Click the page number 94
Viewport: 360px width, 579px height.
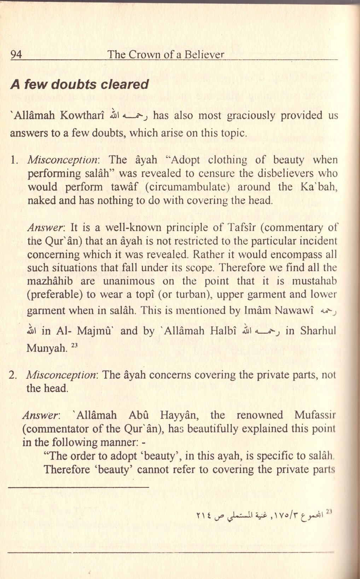pos(16,55)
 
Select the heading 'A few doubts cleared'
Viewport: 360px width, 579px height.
pos(79,85)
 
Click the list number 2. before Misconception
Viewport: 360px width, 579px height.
pos(14,375)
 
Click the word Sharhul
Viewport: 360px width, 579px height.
pos(318,331)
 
